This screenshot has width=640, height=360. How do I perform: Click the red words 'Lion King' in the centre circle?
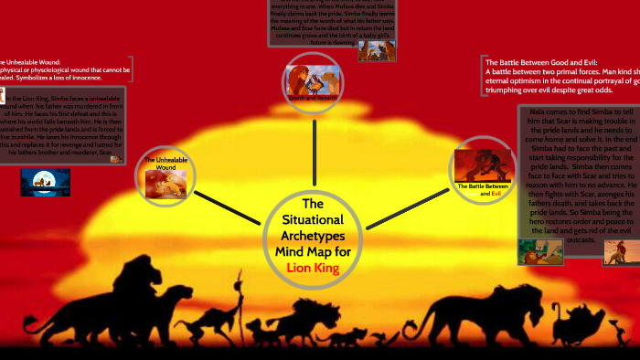click(x=313, y=268)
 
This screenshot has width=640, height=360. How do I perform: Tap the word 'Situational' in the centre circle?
click(x=313, y=220)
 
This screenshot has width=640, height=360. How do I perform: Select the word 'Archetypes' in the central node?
click(x=313, y=236)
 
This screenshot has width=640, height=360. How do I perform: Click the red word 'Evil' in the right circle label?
click(x=496, y=193)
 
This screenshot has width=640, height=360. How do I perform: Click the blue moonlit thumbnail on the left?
click(x=45, y=182)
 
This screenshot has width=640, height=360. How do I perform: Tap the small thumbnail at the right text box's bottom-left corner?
click(x=533, y=252)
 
